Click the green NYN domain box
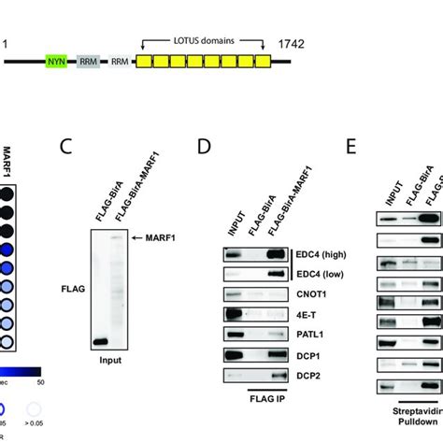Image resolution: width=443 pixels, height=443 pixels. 57,62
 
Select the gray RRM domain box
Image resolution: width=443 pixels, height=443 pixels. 89,62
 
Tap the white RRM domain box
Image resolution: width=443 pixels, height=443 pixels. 120,62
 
